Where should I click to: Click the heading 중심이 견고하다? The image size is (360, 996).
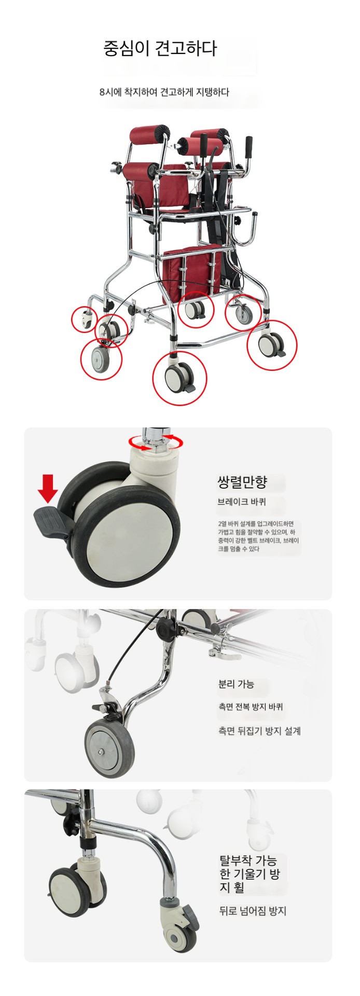(160, 49)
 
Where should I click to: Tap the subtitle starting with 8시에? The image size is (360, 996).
(164, 92)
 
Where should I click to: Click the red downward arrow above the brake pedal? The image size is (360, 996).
(48, 489)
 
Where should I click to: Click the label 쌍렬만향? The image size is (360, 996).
(242, 482)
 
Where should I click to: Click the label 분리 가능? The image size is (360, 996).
(236, 684)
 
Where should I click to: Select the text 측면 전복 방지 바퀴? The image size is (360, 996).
(251, 707)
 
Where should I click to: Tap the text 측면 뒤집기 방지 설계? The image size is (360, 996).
(259, 731)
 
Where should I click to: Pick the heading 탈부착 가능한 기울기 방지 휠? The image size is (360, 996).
(250, 874)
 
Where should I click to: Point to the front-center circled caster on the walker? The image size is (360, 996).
(179, 378)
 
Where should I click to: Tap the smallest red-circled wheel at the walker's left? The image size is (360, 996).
(85, 319)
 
